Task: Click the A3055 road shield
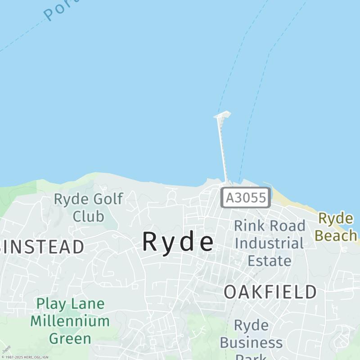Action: (246, 198)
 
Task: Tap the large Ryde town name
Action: (178, 242)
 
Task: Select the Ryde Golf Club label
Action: (88, 207)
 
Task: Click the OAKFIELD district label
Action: (270, 292)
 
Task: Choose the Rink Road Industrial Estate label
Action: (270, 243)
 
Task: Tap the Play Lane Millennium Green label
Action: (70, 321)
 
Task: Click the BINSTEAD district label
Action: (42, 247)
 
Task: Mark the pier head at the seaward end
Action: (222, 115)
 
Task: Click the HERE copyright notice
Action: (25, 357)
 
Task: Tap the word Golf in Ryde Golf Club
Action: (107, 199)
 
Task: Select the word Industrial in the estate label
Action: (269, 243)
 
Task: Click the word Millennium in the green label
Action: (70, 321)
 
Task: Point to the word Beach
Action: (336, 235)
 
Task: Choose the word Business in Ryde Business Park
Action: (251, 343)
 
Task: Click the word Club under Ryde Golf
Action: (88, 216)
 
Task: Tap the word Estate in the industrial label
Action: (270, 261)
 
